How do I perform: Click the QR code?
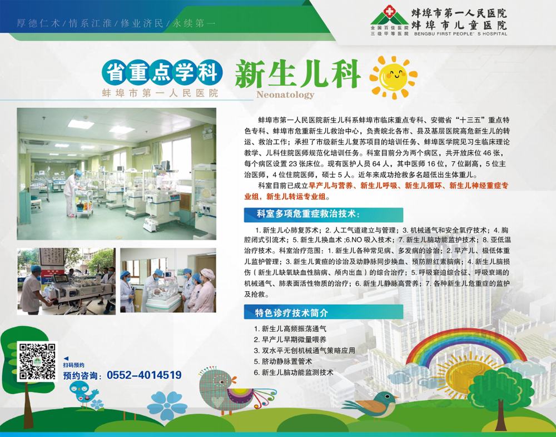coord(37,361)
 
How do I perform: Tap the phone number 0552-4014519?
coord(145,375)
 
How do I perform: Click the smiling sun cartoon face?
coord(394,77)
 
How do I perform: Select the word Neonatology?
coord(285,95)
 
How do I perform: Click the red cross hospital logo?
coord(389,12)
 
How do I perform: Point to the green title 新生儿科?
coord(298,73)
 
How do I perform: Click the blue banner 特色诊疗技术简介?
coord(324,312)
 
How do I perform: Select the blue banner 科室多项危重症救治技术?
coord(324,215)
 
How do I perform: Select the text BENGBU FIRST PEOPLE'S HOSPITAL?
coord(460,34)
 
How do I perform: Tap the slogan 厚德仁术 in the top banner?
coord(38,23)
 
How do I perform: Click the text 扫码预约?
coord(74,365)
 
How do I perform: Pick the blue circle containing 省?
coord(115,73)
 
